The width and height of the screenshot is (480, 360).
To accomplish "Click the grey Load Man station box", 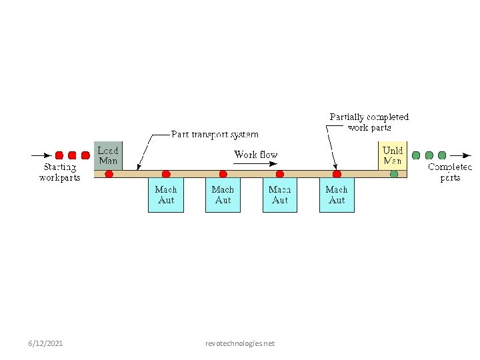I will [108, 155].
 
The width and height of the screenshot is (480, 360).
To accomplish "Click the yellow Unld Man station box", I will [392, 155].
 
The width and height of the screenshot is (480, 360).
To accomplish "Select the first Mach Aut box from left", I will [165, 195].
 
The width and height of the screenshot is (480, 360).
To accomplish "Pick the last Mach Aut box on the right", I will [337, 195].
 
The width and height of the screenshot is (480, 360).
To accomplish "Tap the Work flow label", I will [255, 155].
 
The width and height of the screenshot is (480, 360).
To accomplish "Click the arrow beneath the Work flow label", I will [255, 164].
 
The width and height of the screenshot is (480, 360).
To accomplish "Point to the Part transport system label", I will [215, 134].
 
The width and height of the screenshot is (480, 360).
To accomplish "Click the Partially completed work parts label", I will [369, 122].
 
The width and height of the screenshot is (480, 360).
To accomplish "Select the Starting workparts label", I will [59, 173].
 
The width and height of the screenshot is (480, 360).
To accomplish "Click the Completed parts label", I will [450, 173].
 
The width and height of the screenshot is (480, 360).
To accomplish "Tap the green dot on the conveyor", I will [394, 174].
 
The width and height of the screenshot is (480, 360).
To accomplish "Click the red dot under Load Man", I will [109, 174].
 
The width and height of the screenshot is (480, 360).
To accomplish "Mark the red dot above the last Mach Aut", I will [337, 174].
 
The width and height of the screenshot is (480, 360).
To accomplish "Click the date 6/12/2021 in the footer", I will [46, 343].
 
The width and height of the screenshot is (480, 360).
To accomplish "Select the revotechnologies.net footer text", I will [240, 343].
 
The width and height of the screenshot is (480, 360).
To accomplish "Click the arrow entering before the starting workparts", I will [41, 155].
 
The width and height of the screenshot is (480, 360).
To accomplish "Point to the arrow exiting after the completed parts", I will [459, 155].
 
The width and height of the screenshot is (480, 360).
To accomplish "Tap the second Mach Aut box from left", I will [223, 195].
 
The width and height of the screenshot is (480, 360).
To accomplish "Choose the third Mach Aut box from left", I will [280, 195].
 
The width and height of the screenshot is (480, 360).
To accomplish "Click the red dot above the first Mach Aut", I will [166, 174].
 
